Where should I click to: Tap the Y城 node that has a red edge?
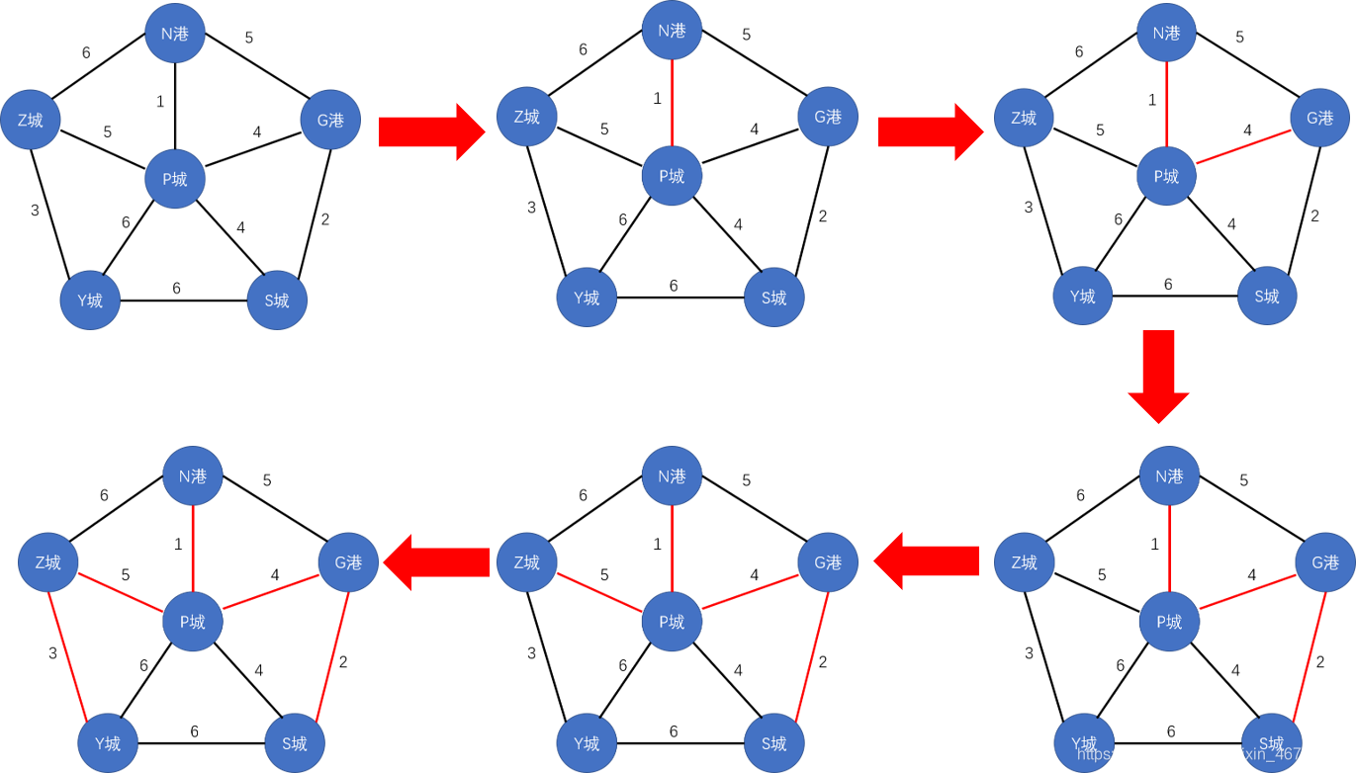pos(108,742)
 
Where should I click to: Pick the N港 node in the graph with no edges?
pos(175,33)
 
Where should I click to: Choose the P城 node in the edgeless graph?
pos(175,179)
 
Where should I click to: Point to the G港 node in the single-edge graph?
pos(828,117)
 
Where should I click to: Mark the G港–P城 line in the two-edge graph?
pos(1243,146)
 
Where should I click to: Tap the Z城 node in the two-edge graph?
pos(1024,118)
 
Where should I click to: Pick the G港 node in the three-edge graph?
pos(1324,562)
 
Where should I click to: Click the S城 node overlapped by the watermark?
pos(1270,742)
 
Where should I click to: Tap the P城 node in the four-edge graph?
pos(673,622)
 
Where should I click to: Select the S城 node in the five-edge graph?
pos(295,742)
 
